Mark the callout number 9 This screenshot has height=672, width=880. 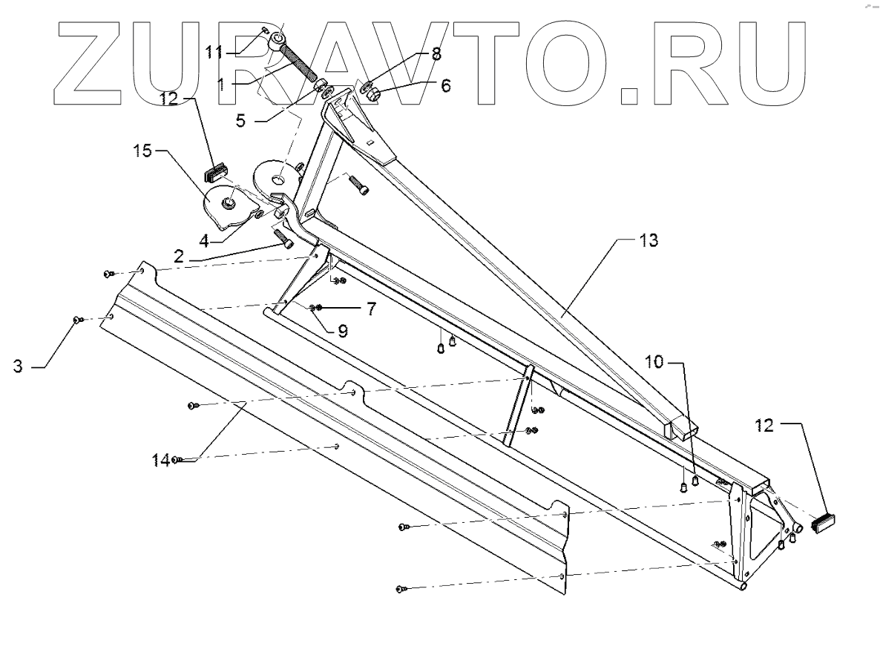tap(343, 332)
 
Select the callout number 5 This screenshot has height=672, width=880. tap(241, 119)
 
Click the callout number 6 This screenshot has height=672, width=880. tap(445, 86)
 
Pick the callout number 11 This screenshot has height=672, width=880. tap(214, 51)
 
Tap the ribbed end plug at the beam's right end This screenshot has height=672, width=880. tap(824, 523)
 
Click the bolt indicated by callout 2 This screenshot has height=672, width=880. tap(284, 239)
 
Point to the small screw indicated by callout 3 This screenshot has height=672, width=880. tap(76, 320)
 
